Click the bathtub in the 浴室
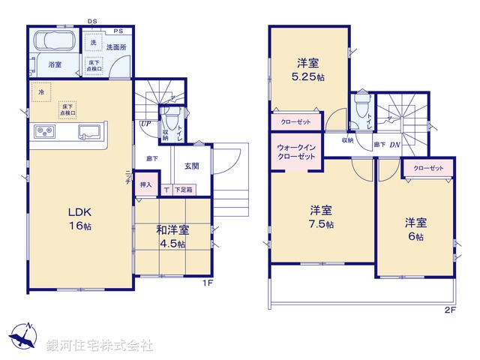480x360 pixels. (x=53, y=41)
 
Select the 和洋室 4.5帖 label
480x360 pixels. (x=172, y=236)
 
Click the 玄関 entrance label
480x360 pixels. (x=190, y=166)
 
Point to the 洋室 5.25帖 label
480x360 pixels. (x=309, y=70)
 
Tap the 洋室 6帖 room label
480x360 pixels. (x=416, y=229)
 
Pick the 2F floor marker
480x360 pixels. (x=450, y=310)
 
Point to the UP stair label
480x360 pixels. (x=145, y=124)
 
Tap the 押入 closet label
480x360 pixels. (x=145, y=184)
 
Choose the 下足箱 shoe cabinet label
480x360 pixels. (x=184, y=190)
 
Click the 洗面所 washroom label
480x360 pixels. (x=115, y=46)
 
